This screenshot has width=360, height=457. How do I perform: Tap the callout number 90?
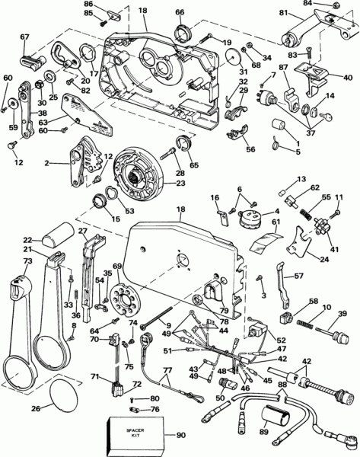(180, 436)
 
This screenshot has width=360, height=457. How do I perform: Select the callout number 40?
(348, 77)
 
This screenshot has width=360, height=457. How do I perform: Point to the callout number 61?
(275, 222)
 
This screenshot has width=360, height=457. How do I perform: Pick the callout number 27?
(83, 232)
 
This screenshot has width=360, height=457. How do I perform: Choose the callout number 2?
(47, 162)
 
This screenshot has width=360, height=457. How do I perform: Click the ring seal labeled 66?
(181, 34)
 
